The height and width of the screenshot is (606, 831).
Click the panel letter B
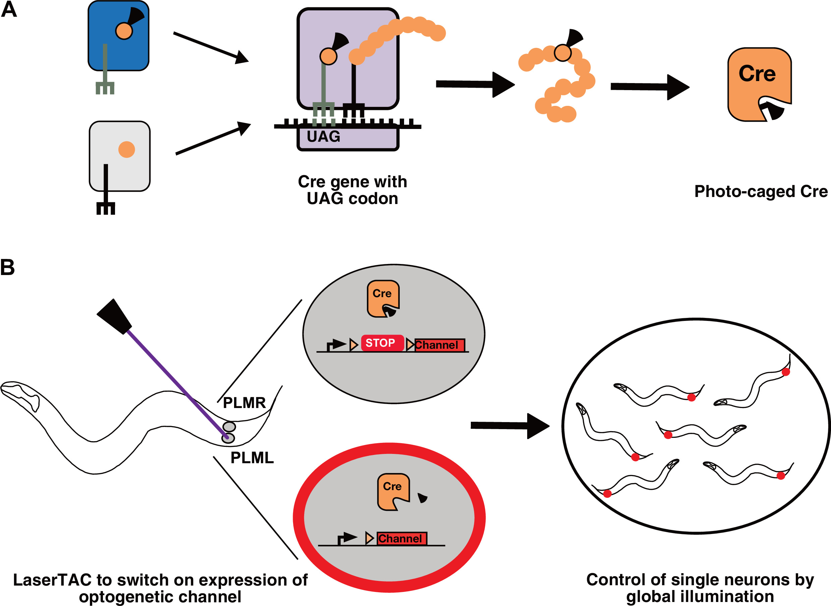[8, 267]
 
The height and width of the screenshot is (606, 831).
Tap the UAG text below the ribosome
[323, 136]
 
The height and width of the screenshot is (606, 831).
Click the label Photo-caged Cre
[761, 192]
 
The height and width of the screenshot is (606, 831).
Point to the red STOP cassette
[382, 343]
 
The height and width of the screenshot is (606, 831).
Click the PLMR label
[244, 403]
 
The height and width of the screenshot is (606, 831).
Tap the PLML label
[252, 458]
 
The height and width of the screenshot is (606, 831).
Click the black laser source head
[114, 317]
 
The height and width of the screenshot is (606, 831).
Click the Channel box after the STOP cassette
[439, 345]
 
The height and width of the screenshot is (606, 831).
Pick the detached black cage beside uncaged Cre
[423, 498]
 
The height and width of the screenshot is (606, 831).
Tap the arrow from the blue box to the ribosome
[211, 47]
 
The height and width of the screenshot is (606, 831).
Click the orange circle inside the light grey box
[127, 149]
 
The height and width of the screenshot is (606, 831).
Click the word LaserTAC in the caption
[52, 580]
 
